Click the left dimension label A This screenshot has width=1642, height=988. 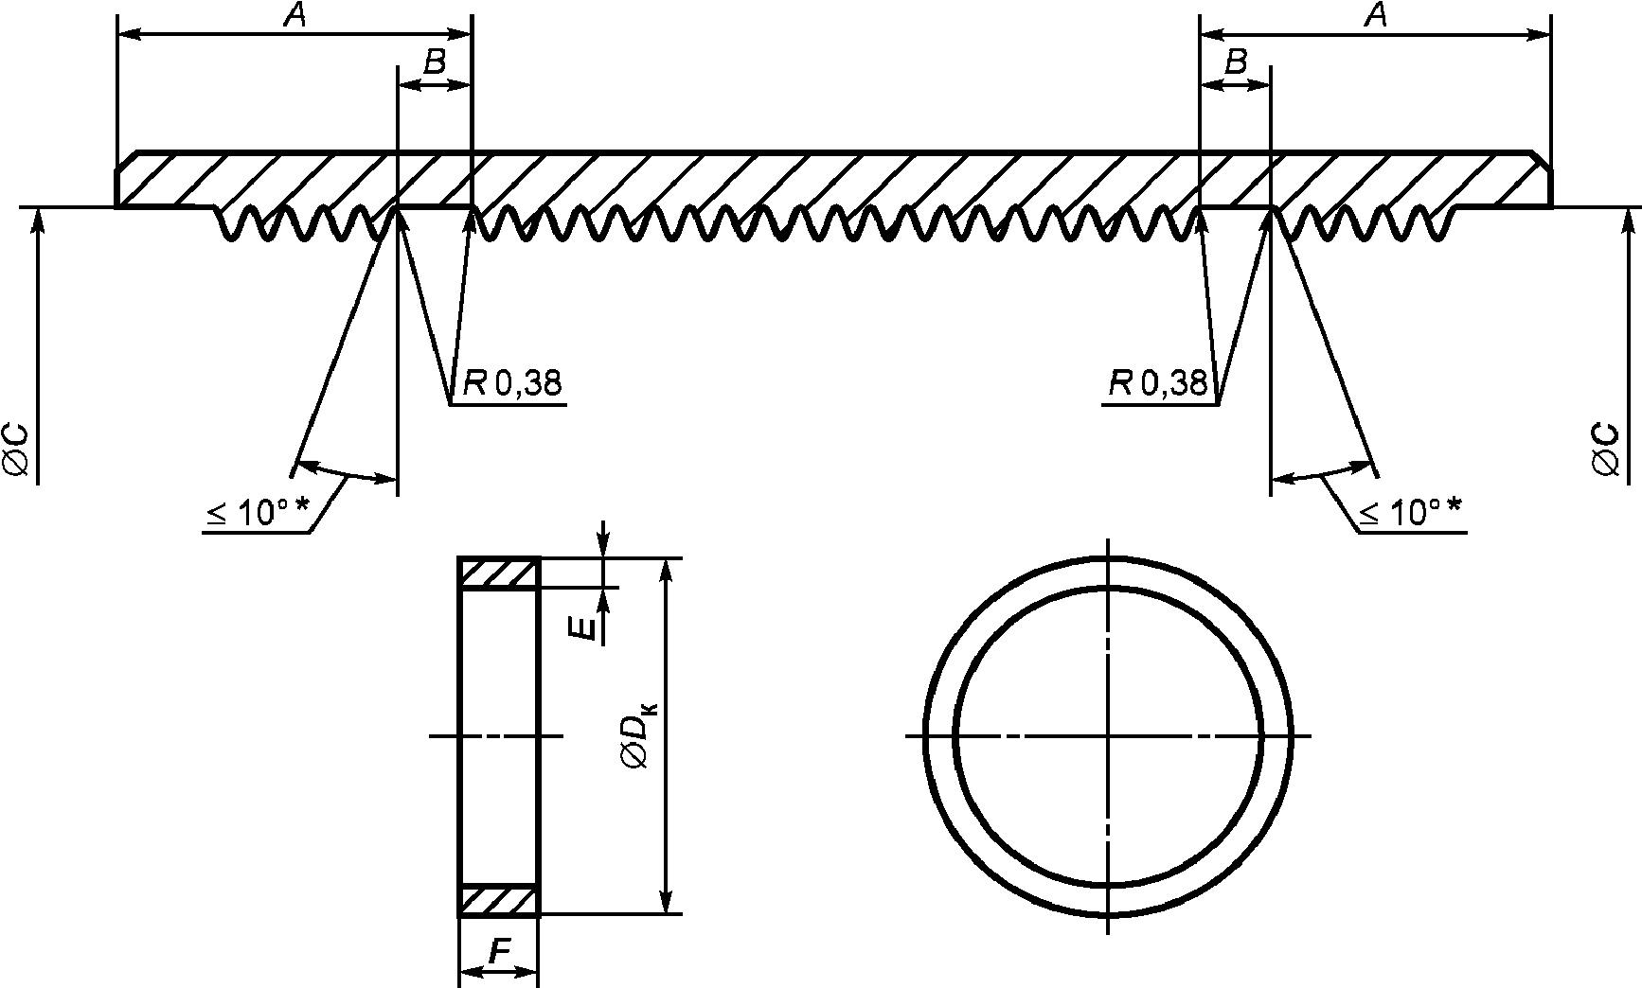[x=294, y=16]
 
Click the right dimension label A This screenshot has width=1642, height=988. [x=1378, y=16]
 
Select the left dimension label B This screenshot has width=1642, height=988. [x=434, y=63]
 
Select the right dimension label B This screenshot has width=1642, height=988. [x=1236, y=63]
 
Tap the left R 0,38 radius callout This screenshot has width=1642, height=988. [x=511, y=383]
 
